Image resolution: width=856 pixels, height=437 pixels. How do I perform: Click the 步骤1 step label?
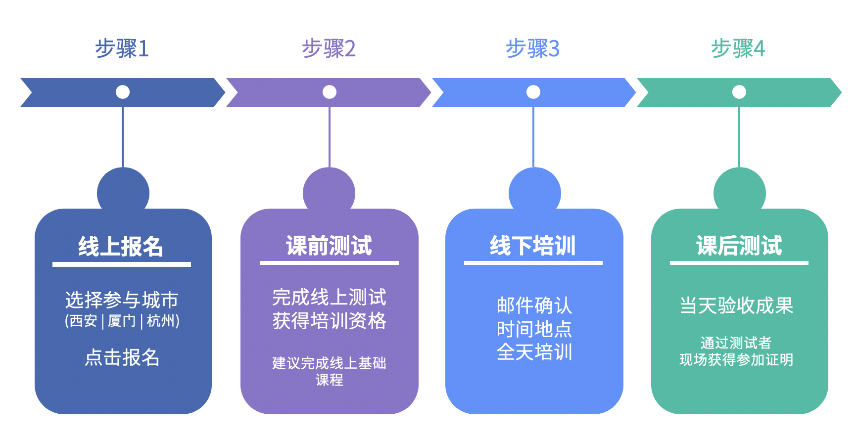(x=122, y=48)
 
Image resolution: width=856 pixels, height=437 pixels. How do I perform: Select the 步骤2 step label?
(x=329, y=48)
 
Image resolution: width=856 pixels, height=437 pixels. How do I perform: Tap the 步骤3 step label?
(x=532, y=48)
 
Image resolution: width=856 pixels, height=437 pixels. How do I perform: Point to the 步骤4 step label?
(x=738, y=48)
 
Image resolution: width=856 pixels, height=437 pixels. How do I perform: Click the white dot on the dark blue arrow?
(x=123, y=92)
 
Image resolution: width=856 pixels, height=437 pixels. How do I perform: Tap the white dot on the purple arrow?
(x=330, y=92)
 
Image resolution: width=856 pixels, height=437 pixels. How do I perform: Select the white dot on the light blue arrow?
(x=533, y=92)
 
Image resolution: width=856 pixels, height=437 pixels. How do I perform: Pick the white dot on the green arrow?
(x=739, y=92)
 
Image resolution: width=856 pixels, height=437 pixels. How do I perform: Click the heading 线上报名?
(x=121, y=246)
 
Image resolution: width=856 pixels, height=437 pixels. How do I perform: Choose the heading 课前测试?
(x=329, y=245)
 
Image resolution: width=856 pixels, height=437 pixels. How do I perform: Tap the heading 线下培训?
(x=533, y=245)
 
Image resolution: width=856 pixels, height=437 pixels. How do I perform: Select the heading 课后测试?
(x=739, y=245)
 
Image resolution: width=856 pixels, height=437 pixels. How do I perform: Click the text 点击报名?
(x=122, y=357)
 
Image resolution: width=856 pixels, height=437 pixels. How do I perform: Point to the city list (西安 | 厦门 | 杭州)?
(x=122, y=321)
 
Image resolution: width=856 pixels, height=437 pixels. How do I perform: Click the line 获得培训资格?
(x=329, y=321)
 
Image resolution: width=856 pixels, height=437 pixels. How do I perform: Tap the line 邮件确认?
(x=534, y=306)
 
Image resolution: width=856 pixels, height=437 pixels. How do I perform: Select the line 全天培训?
(x=534, y=352)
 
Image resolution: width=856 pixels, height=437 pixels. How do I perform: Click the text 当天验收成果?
(x=737, y=306)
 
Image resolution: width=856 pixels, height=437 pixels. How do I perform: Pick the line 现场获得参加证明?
(x=736, y=360)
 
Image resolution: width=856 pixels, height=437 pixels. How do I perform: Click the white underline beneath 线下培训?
(x=533, y=263)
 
